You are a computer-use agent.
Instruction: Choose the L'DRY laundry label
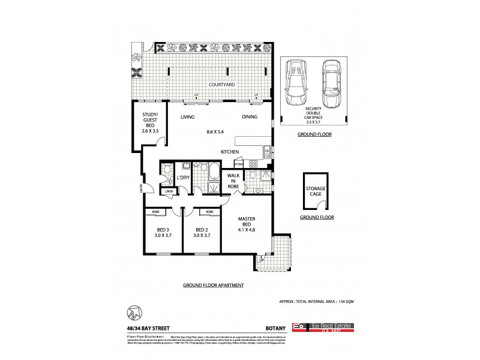[x=183, y=178]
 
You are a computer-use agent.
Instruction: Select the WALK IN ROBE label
[x=233, y=182]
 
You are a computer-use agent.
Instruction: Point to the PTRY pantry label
[x=238, y=164]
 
